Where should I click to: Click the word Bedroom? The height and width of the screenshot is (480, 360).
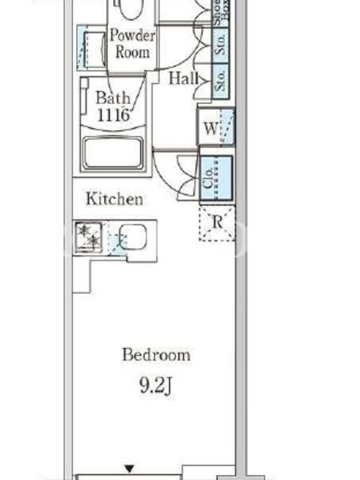click(156, 355)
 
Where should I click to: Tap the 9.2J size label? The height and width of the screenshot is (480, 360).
click(157, 386)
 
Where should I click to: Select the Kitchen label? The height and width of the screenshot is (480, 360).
click(114, 199)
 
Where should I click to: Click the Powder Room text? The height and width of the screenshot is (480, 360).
click(133, 43)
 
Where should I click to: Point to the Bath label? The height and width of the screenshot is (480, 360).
click(113, 98)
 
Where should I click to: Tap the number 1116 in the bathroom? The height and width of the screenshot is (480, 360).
click(113, 115)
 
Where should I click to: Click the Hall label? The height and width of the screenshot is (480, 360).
click(184, 78)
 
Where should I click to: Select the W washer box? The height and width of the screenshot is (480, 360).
click(216, 127)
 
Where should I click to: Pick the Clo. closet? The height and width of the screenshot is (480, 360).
click(216, 178)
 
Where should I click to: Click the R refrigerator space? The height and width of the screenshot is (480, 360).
click(217, 223)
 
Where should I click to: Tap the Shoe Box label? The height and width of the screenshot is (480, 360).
click(221, 13)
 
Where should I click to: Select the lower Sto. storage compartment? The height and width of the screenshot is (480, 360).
click(220, 81)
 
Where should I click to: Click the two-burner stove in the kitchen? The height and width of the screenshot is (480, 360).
click(89, 237)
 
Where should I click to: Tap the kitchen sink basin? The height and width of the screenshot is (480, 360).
click(133, 237)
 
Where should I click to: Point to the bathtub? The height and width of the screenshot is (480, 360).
click(113, 154)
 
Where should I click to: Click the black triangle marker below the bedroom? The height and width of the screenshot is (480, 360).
click(130, 469)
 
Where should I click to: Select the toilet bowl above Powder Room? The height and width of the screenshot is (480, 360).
click(131, 9)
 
